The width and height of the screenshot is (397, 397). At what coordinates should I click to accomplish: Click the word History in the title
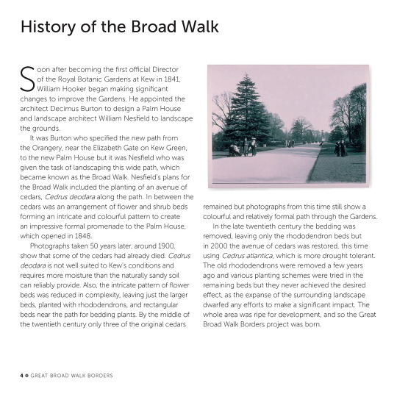click(x=48, y=27)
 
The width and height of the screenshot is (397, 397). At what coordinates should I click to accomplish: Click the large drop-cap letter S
click(x=26, y=78)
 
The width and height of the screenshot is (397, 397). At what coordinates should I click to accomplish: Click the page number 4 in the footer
click(x=21, y=376)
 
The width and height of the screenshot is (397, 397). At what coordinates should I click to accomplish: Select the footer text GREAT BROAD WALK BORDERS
click(x=73, y=376)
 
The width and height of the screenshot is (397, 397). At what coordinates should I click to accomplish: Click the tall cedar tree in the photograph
click(x=246, y=110)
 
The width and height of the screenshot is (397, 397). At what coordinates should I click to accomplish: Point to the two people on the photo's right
click(x=340, y=148)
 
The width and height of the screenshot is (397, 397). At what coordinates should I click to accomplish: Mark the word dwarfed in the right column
click(x=221, y=304)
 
